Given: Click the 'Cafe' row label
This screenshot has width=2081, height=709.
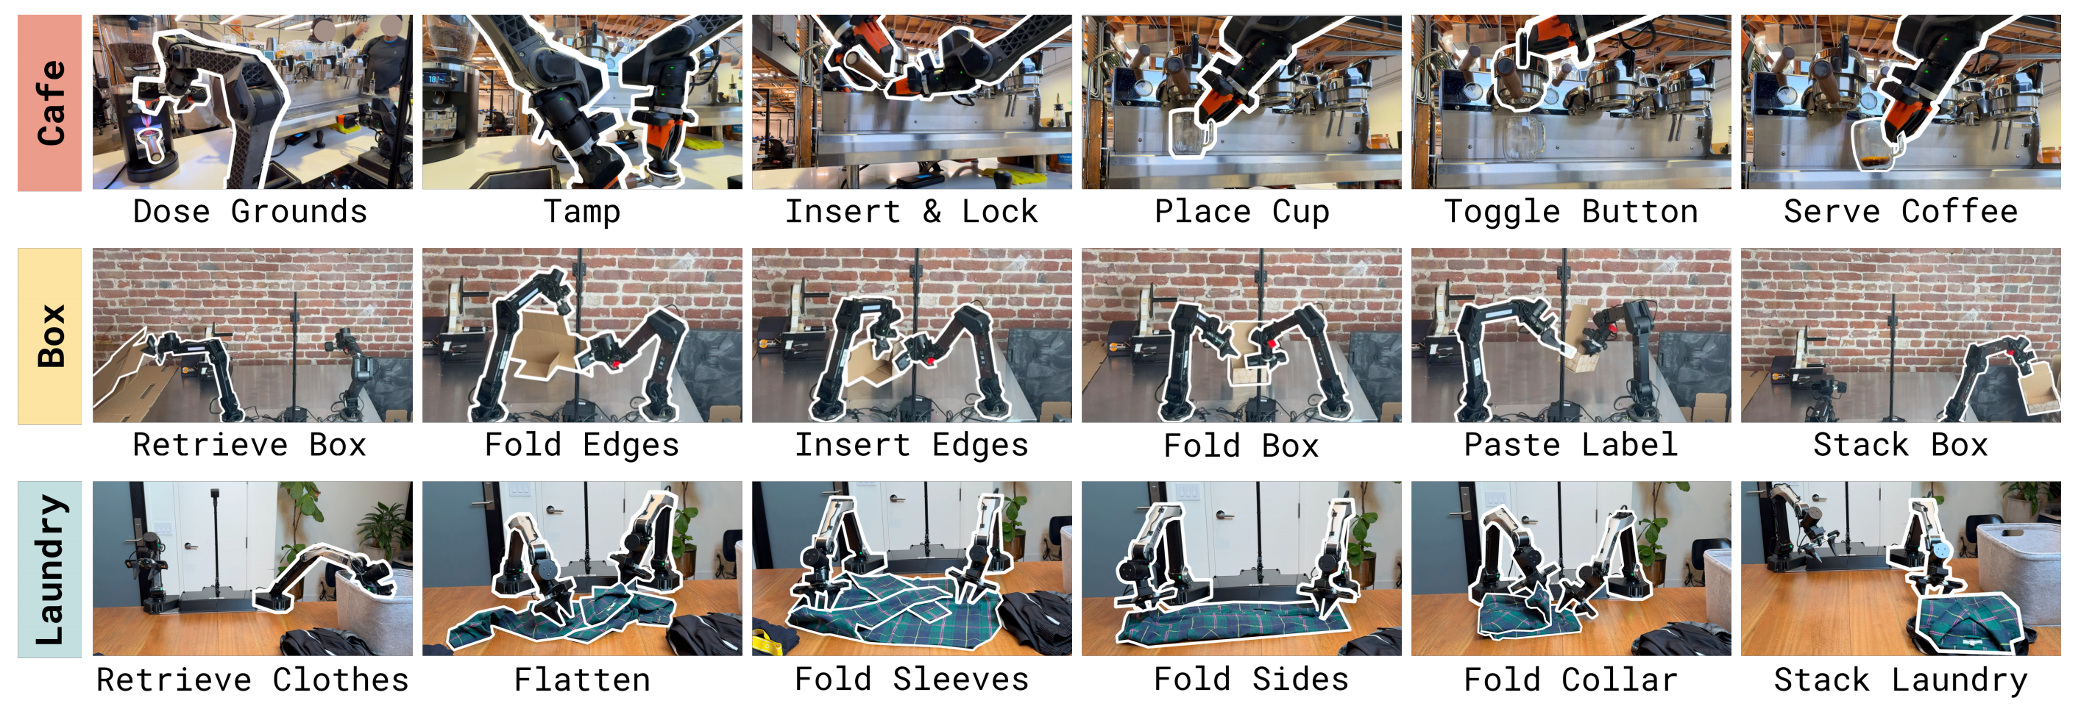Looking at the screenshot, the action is [x=50, y=102].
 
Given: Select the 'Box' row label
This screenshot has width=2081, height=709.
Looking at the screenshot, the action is [x=50, y=336].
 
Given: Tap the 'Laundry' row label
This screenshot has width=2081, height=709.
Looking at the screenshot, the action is [x=50, y=570].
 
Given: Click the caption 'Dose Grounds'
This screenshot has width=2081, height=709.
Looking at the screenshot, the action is [x=250, y=212].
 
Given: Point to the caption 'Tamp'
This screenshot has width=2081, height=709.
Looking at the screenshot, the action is [x=581, y=212].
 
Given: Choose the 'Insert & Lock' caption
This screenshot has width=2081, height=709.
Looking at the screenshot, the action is [x=911, y=212].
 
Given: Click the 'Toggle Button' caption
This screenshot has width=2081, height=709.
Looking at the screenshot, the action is [x=1570, y=212].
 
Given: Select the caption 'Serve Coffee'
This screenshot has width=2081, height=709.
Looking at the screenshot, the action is [x=1900, y=212].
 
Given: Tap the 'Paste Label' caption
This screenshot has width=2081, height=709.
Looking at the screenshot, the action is [x=1570, y=445].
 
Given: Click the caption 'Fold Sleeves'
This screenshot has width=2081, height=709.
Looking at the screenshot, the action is [x=911, y=679].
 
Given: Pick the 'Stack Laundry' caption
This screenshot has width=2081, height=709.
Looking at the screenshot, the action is [x=1900, y=680].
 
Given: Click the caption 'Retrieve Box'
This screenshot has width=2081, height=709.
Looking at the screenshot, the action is [x=250, y=445].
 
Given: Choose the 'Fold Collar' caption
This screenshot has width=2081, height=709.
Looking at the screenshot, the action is [x=1570, y=679].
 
